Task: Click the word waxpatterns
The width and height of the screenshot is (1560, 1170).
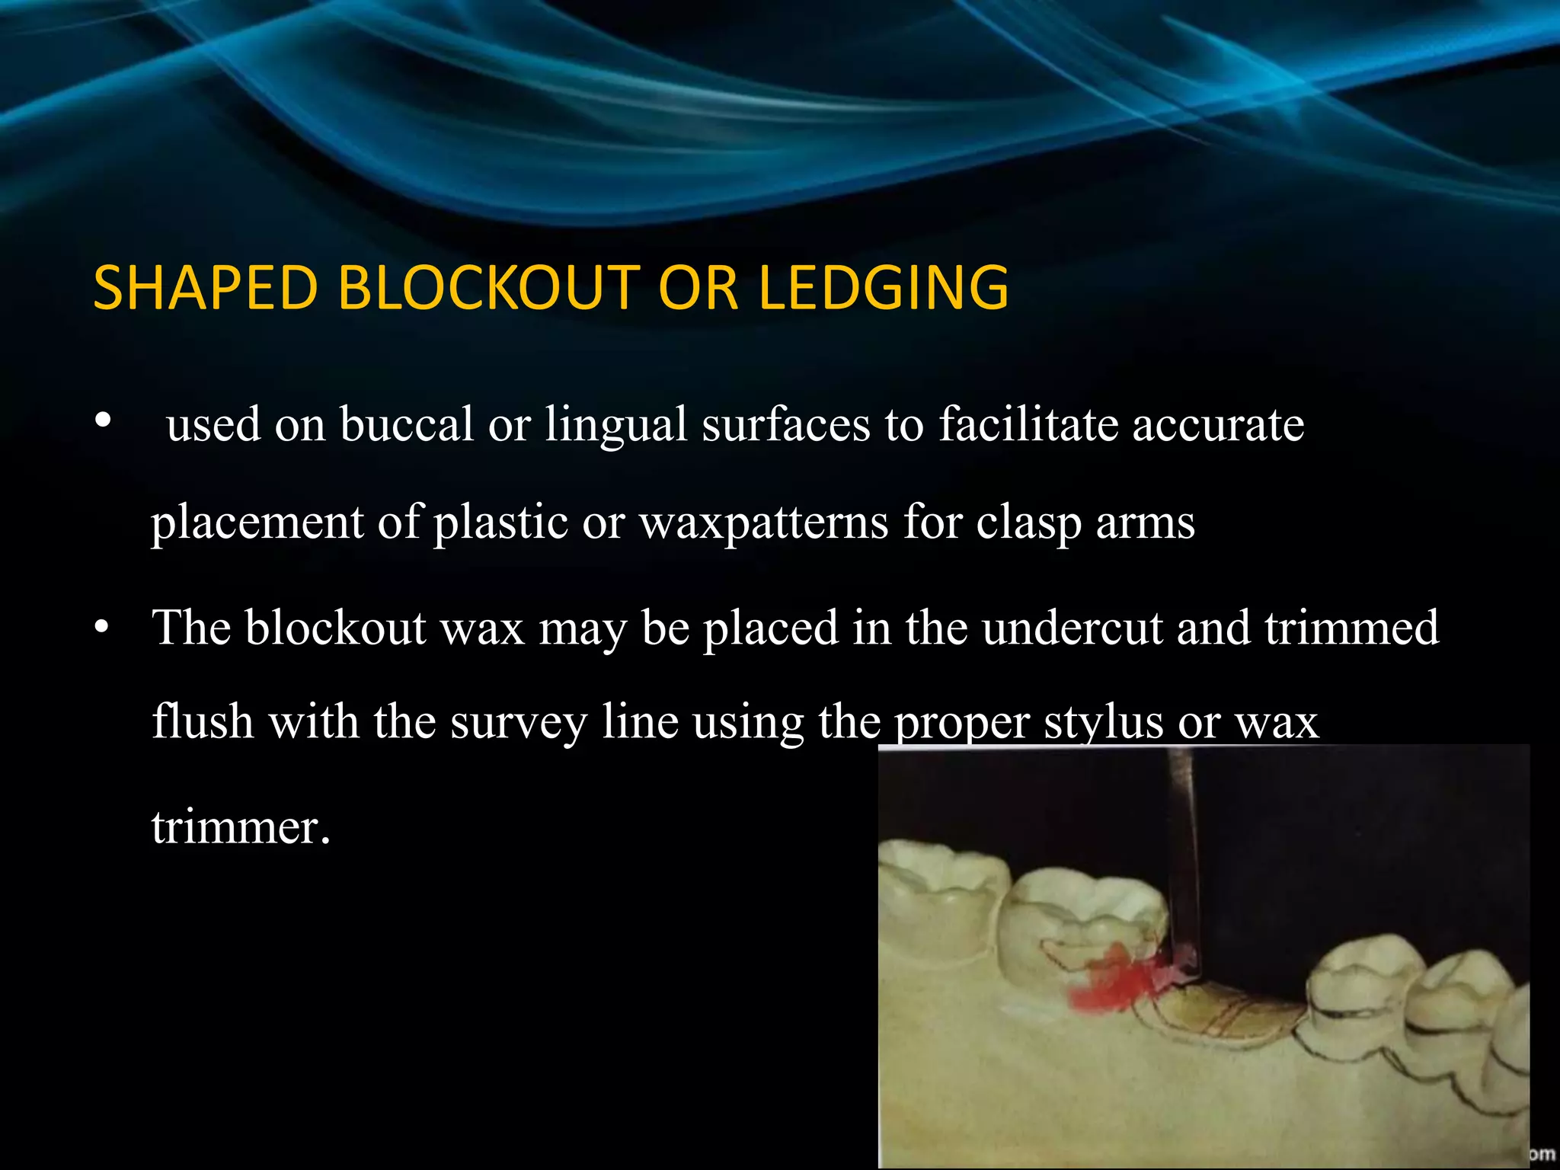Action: (763, 523)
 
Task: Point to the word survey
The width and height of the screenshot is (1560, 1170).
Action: (519, 721)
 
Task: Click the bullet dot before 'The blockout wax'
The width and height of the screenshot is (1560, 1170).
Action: (103, 628)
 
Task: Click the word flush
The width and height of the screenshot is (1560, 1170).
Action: (203, 721)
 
